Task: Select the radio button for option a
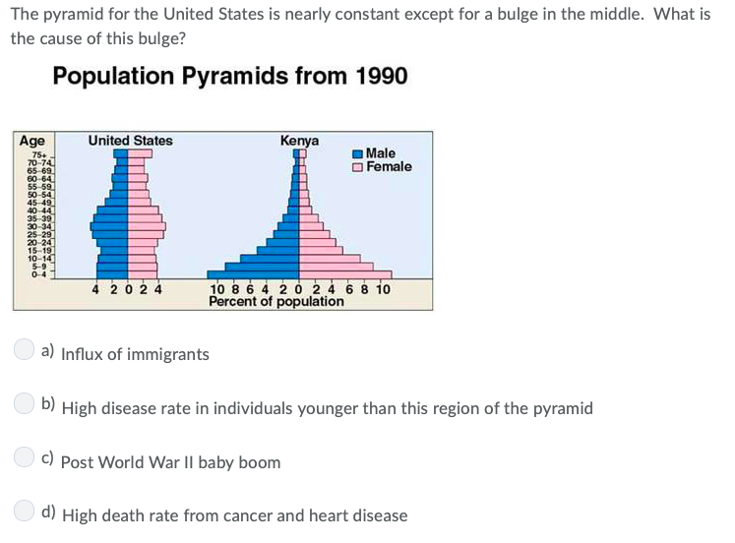(24, 349)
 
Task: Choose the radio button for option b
(24, 403)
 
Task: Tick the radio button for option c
(24, 457)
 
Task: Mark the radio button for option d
(24, 511)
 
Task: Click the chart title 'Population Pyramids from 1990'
(229, 76)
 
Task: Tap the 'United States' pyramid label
(130, 141)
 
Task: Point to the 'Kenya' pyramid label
(299, 141)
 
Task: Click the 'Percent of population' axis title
(276, 301)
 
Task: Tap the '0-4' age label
(38, 273)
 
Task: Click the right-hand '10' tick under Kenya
(382, 289)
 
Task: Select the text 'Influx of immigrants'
(135, 354)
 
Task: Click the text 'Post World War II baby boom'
(170, 462)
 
